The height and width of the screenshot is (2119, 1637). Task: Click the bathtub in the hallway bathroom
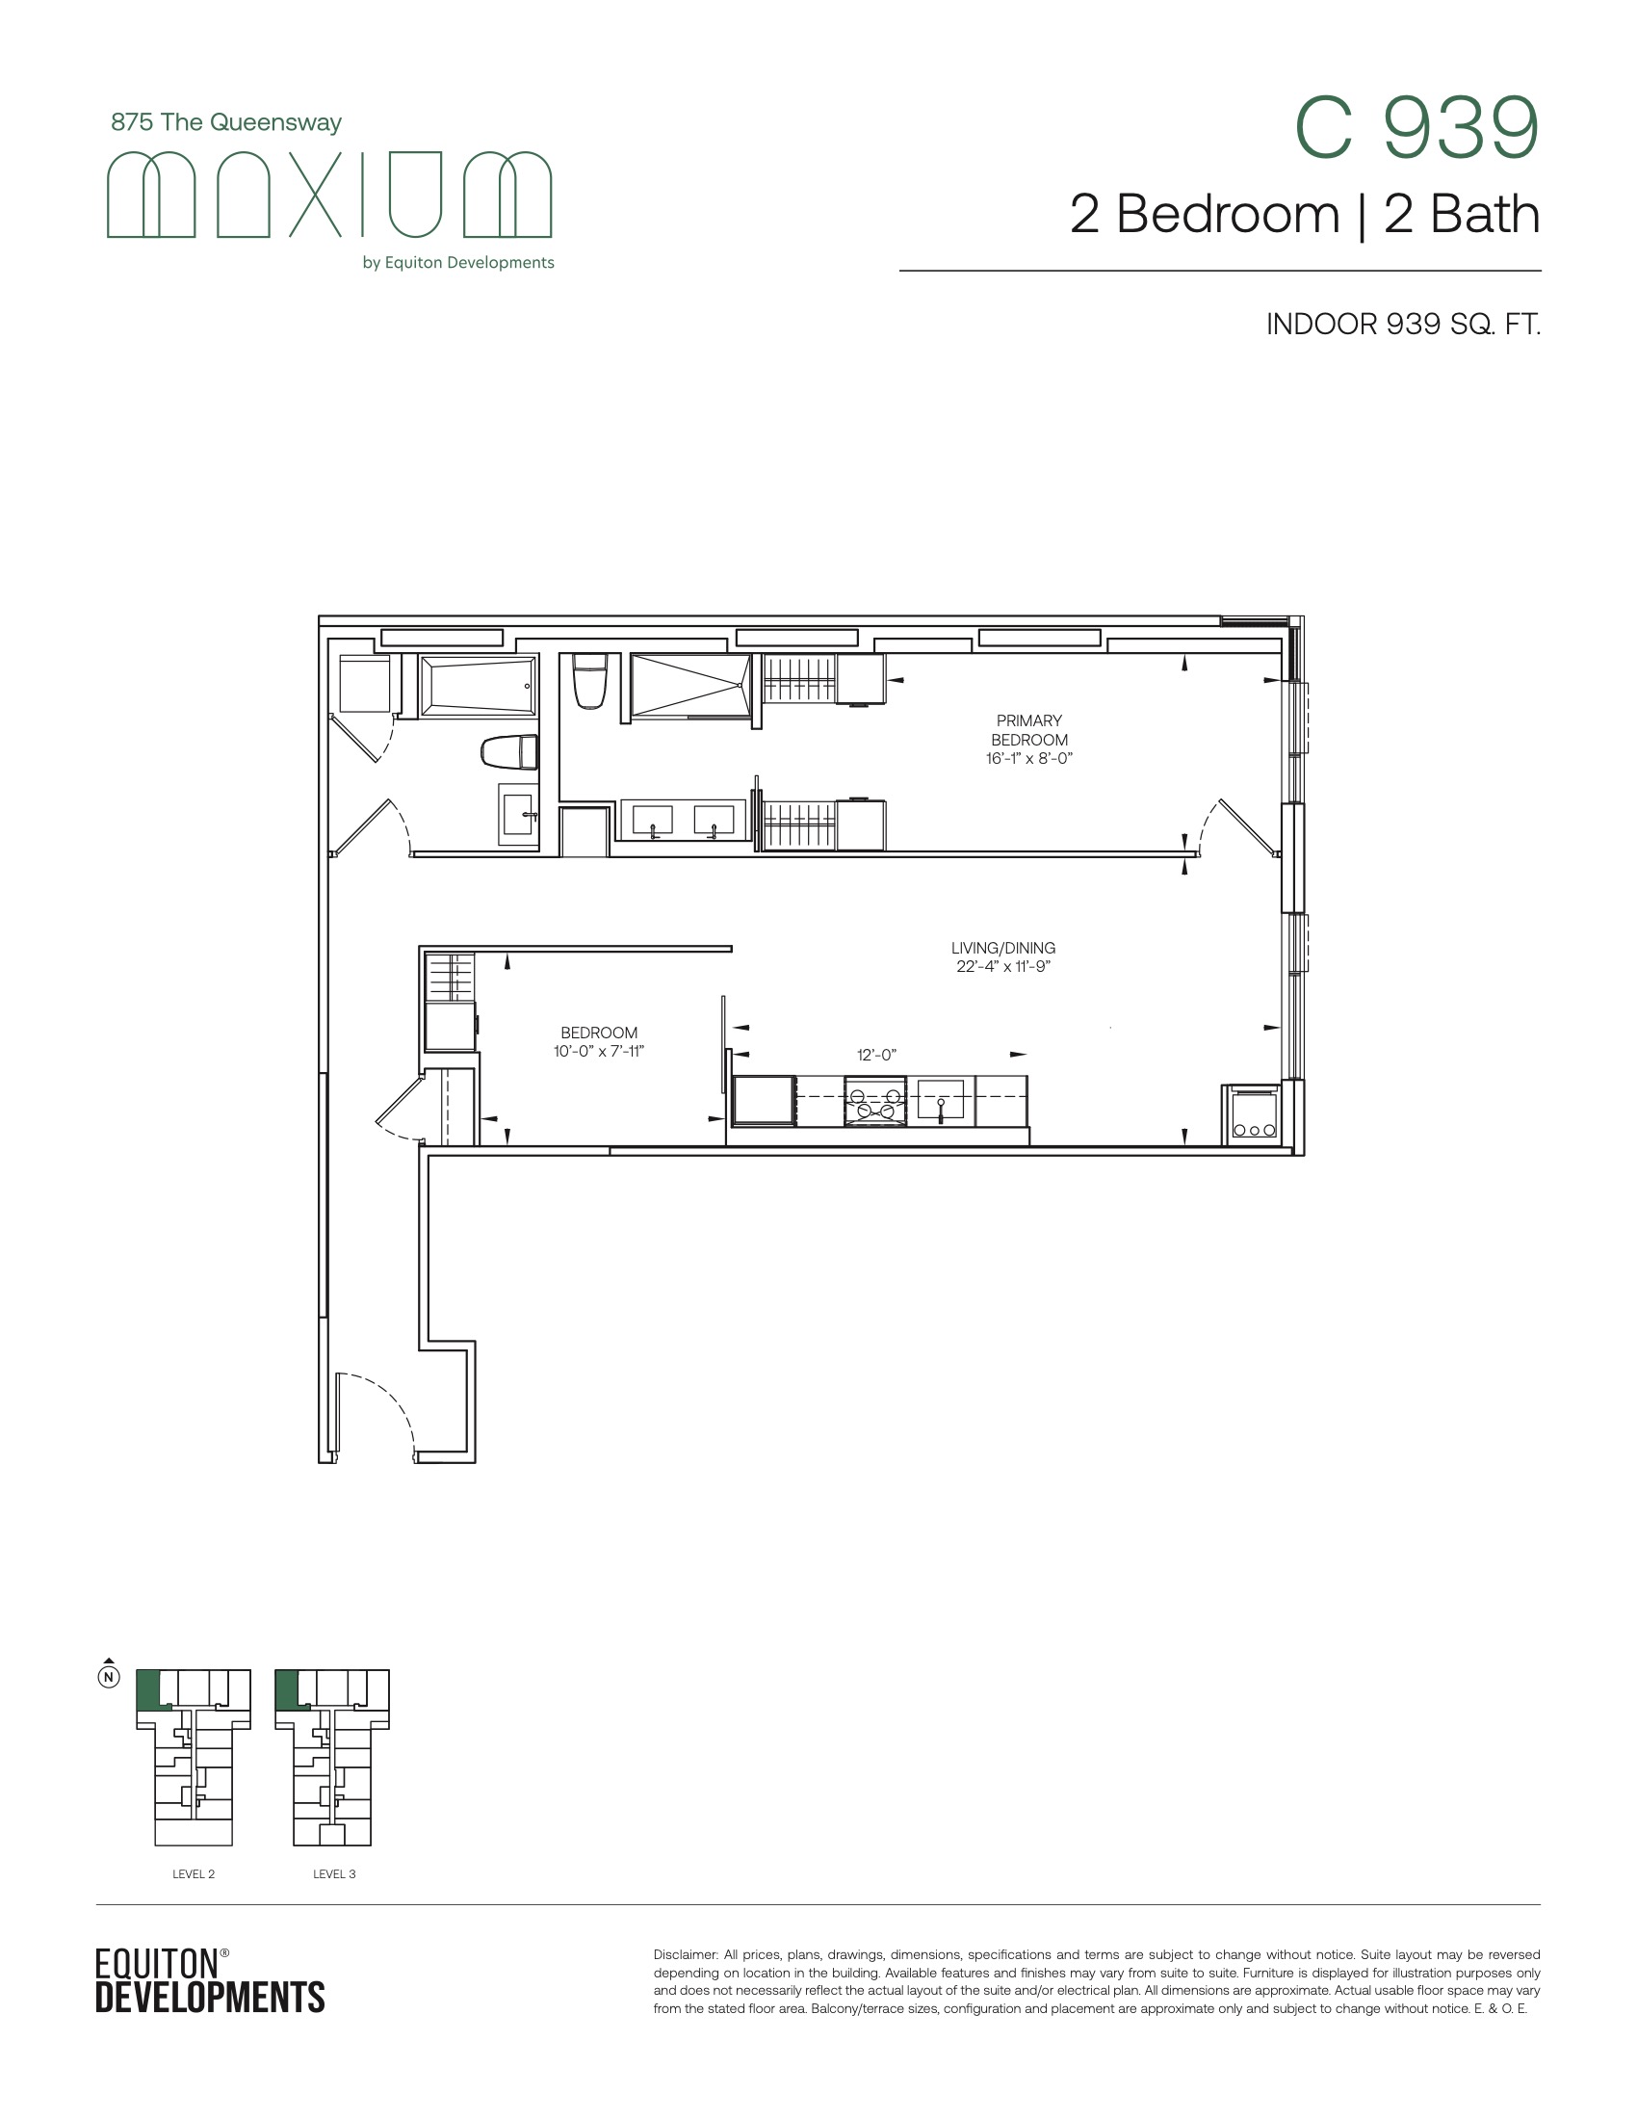[477, 686]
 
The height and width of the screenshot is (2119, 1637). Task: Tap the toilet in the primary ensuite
[589, 681]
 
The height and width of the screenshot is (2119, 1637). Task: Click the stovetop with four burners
[874, 1101]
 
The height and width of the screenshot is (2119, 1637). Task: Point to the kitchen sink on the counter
[941, 1099]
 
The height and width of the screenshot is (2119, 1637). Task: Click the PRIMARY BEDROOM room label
[1029, 730]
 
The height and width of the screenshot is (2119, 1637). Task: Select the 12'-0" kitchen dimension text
[876, 1055]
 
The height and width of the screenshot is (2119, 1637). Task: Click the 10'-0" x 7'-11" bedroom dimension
[598, 1051]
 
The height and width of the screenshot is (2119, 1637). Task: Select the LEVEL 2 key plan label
[193, 1873]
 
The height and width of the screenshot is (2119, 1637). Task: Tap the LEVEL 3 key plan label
[333, 1873]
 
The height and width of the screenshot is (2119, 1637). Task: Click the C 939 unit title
[1416, 128]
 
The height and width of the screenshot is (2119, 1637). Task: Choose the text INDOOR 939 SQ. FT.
[1403, 324]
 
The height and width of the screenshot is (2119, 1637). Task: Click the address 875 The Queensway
[226, 122]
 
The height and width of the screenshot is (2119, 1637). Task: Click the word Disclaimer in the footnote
[685, 1954]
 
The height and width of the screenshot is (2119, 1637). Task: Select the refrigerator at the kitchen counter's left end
[764, 1101]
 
